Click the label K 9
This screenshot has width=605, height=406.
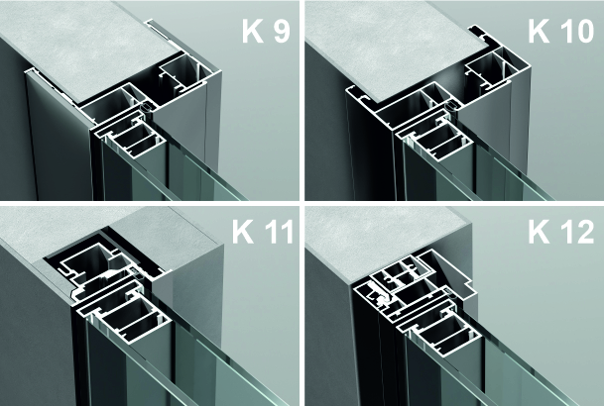pyautogui.click(x=266, y=31)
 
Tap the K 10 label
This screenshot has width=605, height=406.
pyautogui.click(x=560, y=31)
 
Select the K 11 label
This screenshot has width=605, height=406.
pyautogui.click(x=263, y=231)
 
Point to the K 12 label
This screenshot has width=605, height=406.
pyautogui.click(x=561, y=232)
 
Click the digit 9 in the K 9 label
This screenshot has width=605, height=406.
pyautogui.click(x=282, y=31)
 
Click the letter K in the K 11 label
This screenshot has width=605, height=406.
pyautogui.click(x=243, y=231)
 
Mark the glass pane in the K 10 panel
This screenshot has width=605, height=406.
pyautogui.click(x=502, y=173)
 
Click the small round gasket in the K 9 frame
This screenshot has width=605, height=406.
pyautogui.click(x=146, y=108)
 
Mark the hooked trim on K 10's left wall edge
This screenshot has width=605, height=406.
pyautogui.click(x=358, y=94)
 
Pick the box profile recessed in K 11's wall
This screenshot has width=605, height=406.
pyautogui.click(x=88, y=265)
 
